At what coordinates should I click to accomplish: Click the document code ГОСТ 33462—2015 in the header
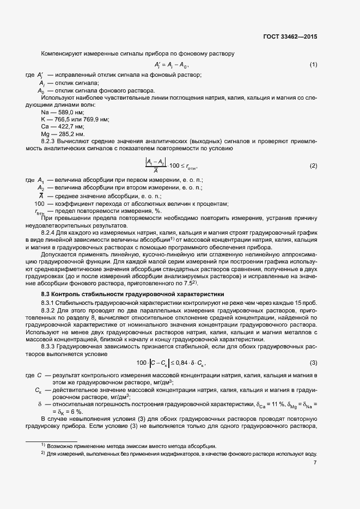(289, 38)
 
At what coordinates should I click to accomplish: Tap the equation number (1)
(313, 65)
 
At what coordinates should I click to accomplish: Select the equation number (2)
(313, 165)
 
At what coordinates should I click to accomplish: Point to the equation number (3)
(313, 363)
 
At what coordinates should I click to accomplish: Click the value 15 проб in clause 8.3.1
(304, 302)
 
